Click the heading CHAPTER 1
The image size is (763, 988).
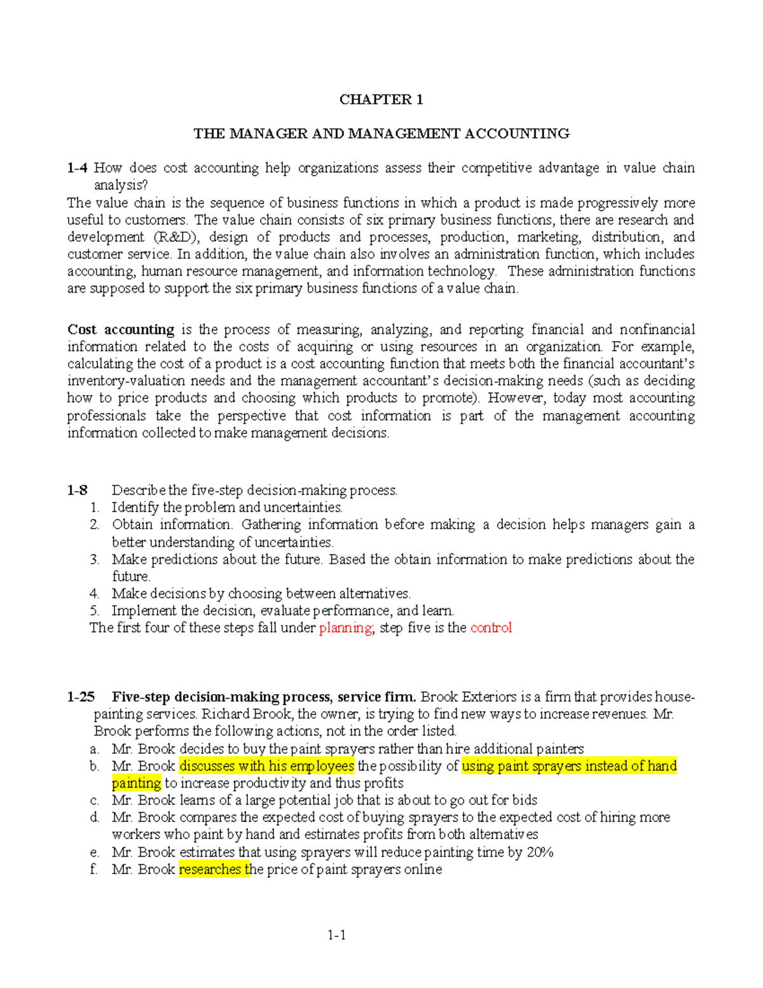(381, 99)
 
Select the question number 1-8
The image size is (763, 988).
(77, 491)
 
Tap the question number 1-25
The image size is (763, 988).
(80, 697)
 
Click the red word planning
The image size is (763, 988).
(345, 628)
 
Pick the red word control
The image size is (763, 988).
(491, 628)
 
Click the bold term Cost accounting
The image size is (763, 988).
(121, 330)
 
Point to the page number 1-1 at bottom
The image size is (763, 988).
(336, 935)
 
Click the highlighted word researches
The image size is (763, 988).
(210, 870)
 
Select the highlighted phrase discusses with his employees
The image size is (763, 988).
(266, 766)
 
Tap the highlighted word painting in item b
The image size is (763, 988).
(136, 783)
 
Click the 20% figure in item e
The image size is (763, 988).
(540, 852)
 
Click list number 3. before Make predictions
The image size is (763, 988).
(95, 560)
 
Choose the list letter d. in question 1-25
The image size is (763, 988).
(95, 818)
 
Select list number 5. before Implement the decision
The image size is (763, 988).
(95, 611)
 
